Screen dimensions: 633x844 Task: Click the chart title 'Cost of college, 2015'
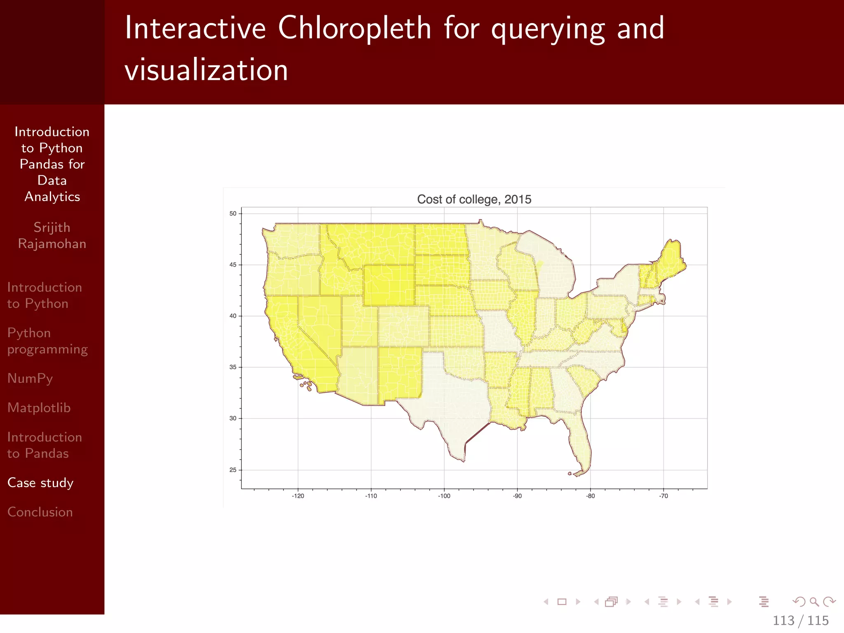click(x=474, y=199)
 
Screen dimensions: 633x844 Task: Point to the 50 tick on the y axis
click(x=233, y=213)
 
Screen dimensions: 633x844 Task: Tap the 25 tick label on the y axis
click(x=233, y=470)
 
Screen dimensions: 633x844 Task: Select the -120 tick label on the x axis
click(x=298, y=496)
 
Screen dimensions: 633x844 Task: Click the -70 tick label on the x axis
click(x=663, y=496)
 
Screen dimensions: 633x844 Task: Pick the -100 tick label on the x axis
click(x=444, y=496)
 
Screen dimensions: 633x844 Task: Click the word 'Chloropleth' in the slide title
click(x=354, y=28)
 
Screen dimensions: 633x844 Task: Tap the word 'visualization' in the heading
click(x=206, y=70)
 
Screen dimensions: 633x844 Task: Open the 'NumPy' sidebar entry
click(x=30, y=378)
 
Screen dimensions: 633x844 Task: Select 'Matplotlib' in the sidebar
click(x=39, y=408)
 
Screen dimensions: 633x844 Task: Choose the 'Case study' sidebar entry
click(x=40, y=483)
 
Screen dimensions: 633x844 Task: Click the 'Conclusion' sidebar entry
click(x=40, y=512)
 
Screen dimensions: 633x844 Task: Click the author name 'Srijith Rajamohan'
click(x=52, y=235)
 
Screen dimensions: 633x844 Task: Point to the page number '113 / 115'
click(x=800, y=621)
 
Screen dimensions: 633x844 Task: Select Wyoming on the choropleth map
click(x=389, y=284)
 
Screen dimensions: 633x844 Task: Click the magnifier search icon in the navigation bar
click(x=814, y=602)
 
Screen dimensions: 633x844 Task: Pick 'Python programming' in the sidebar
click(x=47, y=341)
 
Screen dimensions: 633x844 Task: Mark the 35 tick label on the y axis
click(x=233, y=367)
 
